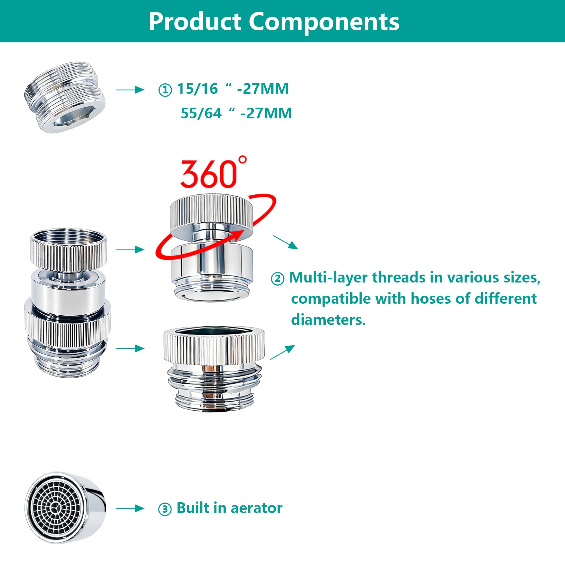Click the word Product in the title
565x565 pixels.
[x=195, y=22]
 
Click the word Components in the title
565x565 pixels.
[x=324, y=22]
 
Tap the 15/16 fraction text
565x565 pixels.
[x=197, y=89]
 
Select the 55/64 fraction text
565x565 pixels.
[x=201, y=114]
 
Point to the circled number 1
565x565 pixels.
[x=165, y=90]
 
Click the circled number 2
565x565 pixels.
[x=277, y=279]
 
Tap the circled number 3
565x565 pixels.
[x=165, y=509]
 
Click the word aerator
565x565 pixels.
[x=257, y=508]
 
